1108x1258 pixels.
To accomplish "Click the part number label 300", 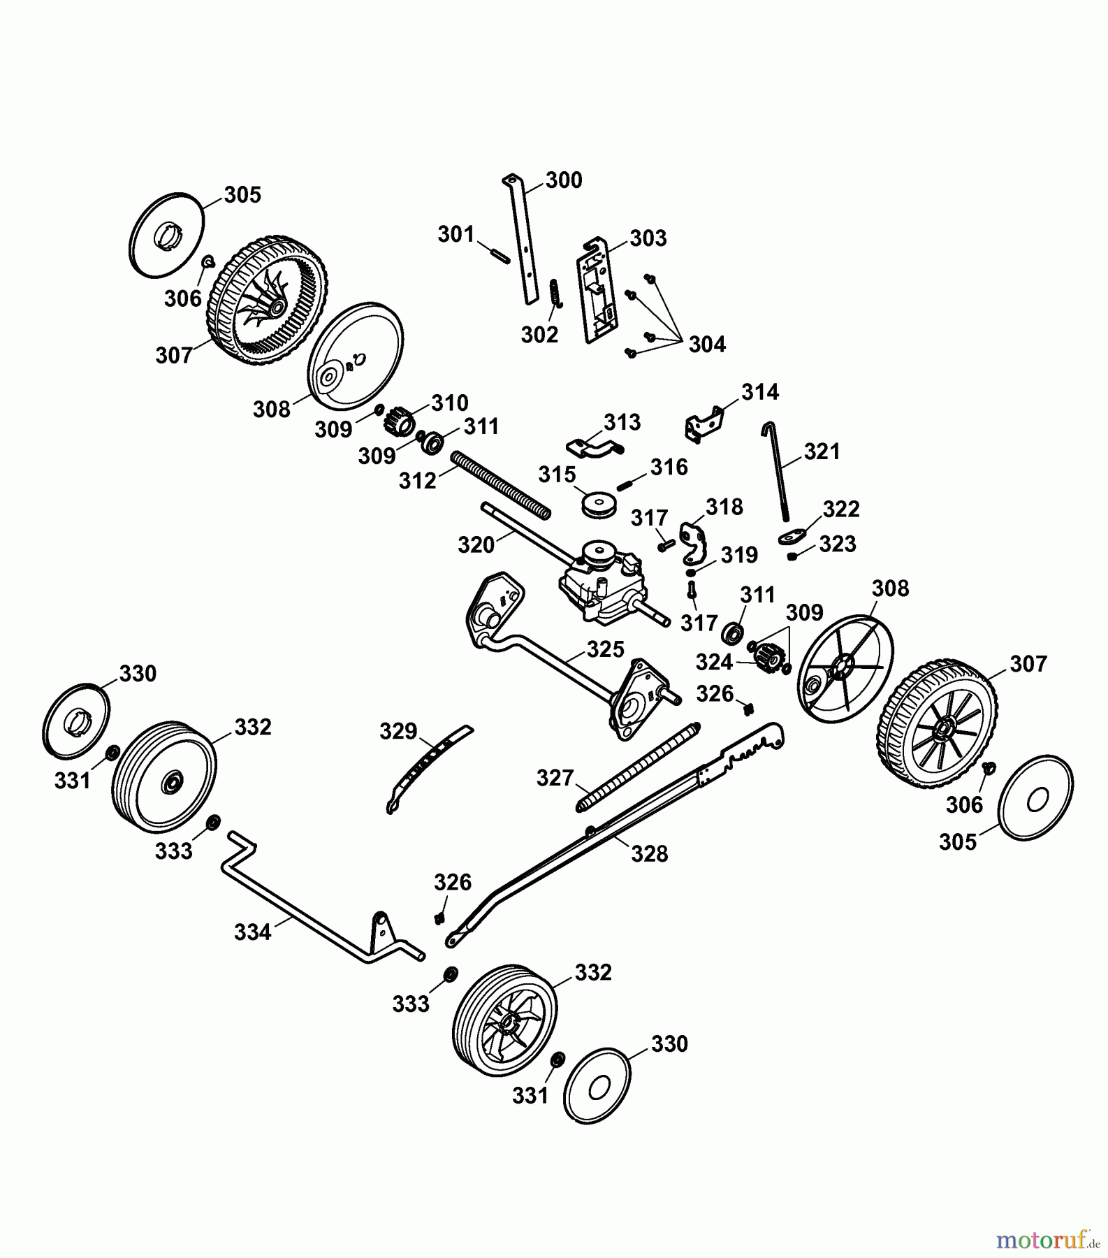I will click(564, 180).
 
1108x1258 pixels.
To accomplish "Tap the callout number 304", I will click(707, 345).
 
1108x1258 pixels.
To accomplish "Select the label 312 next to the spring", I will click(417, 481).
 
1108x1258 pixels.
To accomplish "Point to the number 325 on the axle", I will click(605, 649).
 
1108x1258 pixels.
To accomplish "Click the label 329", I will click(398, 732).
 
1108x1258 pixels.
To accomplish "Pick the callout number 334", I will click(252, 932).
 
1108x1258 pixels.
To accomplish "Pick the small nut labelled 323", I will click(793, 556).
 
